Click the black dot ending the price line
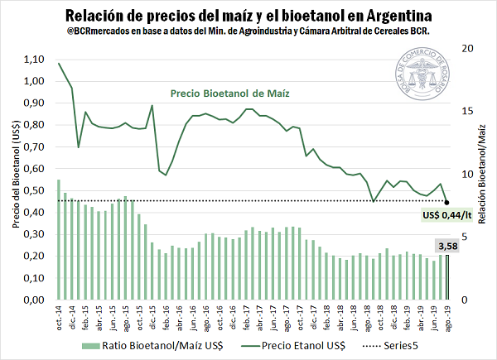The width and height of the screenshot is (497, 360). coord(447,201)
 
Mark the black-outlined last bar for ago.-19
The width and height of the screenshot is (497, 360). coord(447,277)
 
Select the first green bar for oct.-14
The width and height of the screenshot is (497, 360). coord(58,239)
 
